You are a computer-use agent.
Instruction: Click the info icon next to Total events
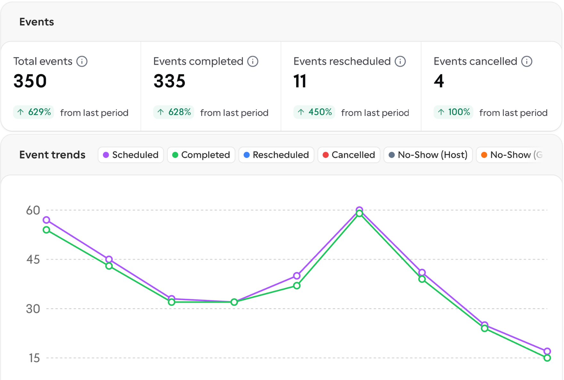(82, 61)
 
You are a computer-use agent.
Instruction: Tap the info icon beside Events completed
(253, 61)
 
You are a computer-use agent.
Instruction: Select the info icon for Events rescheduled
(400, 61)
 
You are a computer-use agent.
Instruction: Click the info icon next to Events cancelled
(527, 61)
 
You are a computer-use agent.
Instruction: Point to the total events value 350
(30, 81)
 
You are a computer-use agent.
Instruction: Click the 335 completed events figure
(170, 81)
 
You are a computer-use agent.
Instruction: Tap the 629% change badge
(34, 112)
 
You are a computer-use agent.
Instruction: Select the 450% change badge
(314, 112)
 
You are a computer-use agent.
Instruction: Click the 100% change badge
(453, 112)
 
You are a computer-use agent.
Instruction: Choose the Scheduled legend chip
(131, 155)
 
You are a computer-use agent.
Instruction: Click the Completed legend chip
(201, 155)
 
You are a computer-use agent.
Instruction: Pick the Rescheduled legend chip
(276, 155)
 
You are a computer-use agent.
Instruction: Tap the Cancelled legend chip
(349, 155)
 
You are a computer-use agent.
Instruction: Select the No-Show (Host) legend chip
(428, 155)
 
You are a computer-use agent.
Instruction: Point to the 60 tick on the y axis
(33, 210)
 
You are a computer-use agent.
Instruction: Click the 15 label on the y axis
(34, 358)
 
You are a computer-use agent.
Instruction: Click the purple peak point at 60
(360, 210)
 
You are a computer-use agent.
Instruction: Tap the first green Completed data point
(46, 230)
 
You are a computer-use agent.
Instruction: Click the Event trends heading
(52, 155)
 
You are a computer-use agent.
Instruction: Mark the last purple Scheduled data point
(547, 351)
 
